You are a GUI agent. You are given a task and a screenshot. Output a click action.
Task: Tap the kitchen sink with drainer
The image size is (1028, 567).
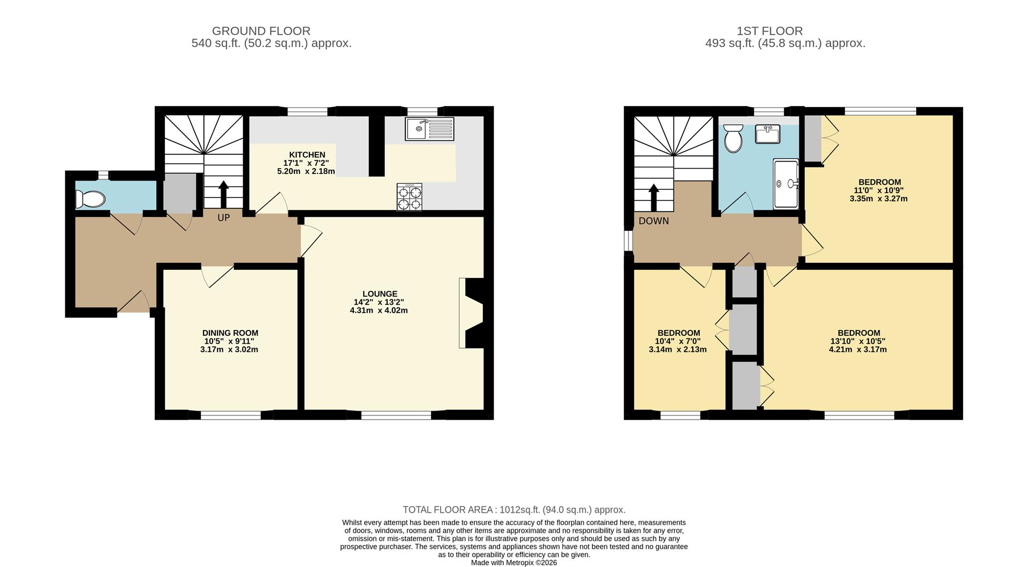point(429,129)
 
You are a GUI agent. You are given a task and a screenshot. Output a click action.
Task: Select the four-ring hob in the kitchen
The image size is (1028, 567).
point(409,196)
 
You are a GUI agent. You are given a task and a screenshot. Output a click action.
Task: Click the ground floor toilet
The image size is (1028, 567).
point(90,199)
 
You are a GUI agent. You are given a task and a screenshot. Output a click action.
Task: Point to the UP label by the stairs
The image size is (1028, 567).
point(224,218)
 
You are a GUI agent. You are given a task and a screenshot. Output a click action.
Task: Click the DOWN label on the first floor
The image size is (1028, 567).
point(653,221)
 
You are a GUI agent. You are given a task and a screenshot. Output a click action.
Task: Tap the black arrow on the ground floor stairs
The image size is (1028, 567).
point(223,193)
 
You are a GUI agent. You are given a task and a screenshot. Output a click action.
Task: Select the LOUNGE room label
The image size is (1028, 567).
point(380,293)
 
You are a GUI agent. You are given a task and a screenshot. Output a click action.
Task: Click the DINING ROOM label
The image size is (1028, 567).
point(230,332)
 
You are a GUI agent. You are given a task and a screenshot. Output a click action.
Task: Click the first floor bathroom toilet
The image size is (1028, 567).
point(732,139)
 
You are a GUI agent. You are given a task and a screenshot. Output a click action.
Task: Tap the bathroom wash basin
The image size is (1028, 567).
point(767,134)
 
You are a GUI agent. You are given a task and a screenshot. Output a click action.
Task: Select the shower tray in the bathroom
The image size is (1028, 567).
point(785,184)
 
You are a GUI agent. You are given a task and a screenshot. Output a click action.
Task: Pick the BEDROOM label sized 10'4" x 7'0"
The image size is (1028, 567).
point(678,332)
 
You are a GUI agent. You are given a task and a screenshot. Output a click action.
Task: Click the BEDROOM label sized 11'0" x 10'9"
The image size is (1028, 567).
point(879,182)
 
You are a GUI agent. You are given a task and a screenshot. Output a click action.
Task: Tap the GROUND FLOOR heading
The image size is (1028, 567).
point(261,31)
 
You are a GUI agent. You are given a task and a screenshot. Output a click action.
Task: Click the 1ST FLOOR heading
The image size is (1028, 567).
point(769,31)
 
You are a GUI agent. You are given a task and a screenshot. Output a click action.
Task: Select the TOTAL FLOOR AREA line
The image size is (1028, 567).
point(513,510)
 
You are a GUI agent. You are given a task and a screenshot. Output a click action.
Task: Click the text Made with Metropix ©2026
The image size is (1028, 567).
point(513,563)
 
